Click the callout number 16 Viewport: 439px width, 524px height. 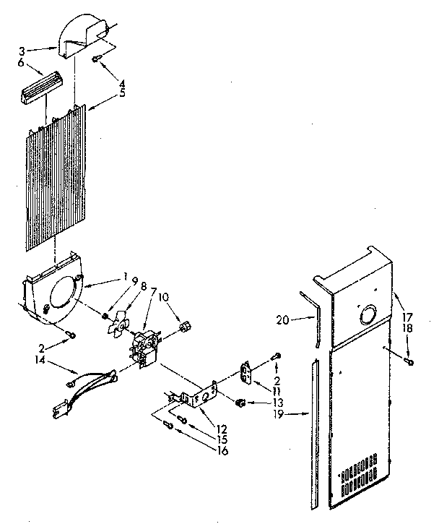(221, 451)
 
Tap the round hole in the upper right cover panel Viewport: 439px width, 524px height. (365, 315)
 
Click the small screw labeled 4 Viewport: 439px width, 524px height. (96, 59)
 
